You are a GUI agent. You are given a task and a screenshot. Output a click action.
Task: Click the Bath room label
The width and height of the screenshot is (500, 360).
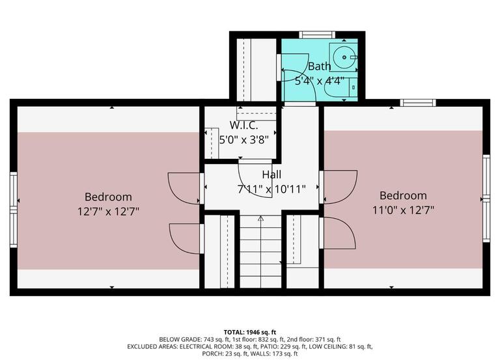319,66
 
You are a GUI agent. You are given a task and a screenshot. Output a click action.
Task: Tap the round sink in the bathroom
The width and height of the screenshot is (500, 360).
341,57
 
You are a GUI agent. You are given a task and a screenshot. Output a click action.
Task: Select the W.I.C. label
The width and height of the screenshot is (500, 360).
243,125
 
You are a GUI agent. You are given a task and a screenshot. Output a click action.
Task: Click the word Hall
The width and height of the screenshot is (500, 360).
271,174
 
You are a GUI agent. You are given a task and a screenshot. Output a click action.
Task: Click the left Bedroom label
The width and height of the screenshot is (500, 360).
108,197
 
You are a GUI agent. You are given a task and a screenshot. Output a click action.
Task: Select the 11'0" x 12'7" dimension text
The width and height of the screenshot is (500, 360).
404,210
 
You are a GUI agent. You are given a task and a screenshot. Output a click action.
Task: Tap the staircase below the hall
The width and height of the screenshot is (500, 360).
260,254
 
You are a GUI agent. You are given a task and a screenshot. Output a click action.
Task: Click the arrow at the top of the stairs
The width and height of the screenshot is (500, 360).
260,219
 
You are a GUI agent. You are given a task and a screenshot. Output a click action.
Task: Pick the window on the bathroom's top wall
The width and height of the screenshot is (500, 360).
317,34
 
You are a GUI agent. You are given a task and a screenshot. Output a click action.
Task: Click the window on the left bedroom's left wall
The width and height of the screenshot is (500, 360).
13,200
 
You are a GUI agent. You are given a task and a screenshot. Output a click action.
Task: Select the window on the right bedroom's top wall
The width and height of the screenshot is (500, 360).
417,102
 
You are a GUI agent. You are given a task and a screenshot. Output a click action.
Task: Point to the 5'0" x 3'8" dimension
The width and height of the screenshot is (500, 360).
243,139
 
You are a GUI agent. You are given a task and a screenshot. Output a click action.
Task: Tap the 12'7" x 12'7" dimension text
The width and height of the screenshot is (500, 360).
108,211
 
